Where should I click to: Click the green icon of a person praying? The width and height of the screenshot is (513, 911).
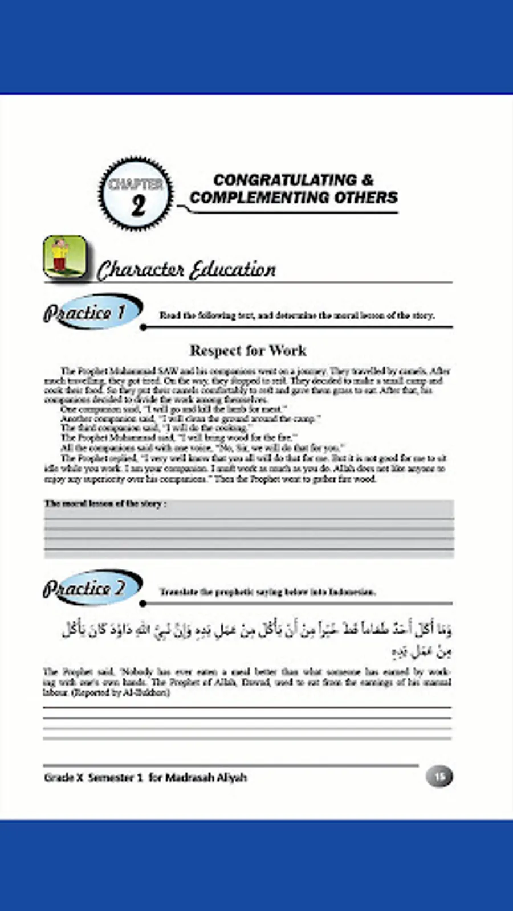click(65, 257)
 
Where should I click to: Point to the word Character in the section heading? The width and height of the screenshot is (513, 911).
click(140, 270)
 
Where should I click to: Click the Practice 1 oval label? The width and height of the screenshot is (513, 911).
click(91, 311)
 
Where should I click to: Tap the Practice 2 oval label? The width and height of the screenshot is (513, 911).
click(91, 588)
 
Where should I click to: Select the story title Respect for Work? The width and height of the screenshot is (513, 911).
click(248, 350)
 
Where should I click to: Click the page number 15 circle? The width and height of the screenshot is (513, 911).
click(439, 777)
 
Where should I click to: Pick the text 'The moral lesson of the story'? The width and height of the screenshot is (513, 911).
click(105, 503)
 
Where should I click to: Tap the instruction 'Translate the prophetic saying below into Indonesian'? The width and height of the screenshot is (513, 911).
click(267, 592)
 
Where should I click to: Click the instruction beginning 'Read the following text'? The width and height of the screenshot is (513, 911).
click(296, 315)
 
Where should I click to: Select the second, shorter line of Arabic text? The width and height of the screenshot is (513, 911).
click(422, 651)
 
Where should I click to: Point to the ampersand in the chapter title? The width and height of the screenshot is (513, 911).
click(368, 180)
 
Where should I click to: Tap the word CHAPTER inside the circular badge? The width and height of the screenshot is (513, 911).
click(136, 184)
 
